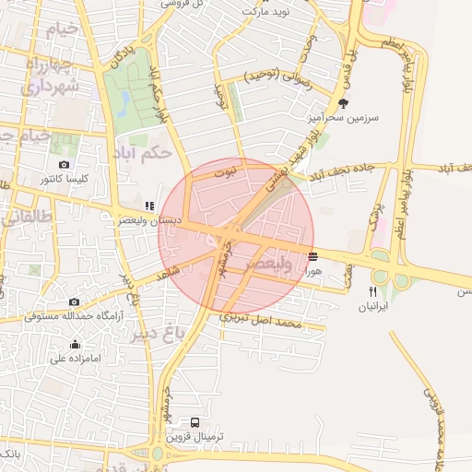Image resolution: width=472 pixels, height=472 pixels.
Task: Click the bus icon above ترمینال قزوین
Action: [x=195, y=422]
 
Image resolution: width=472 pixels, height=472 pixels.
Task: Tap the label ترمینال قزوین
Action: [x=196, y=437]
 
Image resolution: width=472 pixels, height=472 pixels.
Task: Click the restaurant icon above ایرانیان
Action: [x=372, y=291]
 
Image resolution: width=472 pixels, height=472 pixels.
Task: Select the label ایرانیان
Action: [x=372, y=306]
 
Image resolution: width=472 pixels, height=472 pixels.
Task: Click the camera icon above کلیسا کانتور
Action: [x=64, y=164]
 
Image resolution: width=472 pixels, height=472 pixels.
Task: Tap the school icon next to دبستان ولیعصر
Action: [x=148, y=206]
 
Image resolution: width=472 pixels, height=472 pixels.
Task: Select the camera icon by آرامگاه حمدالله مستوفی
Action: [x=74, y=301]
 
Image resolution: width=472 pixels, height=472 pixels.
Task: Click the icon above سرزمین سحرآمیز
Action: [x=344, y=103]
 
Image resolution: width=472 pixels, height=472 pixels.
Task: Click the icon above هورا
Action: [x=313, y=256]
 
